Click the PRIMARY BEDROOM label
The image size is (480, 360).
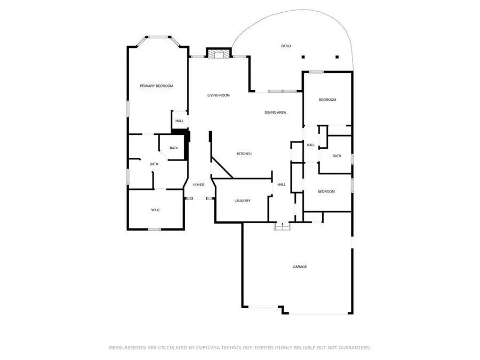click(156, 86)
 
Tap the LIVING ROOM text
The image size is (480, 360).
click(218, 95)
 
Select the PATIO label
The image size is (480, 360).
click(286, 46)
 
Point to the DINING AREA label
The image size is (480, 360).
click(275, 113)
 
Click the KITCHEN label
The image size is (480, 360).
click(244, 154)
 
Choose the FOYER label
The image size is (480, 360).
click(198, 185)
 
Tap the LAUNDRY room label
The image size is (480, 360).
click(242, 201)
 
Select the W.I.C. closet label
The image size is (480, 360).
click(155, 210)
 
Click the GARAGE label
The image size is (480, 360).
click(299, 267)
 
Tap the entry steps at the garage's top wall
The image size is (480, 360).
click(282, 226)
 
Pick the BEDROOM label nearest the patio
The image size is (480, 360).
click(327, 100)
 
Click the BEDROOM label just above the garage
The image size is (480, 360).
click(326, 191)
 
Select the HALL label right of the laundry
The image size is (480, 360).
click(281, 185)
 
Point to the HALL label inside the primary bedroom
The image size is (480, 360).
click(179, 121)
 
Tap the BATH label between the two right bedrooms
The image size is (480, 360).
click(337, 156)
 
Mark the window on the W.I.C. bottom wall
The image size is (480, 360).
click(155, 229)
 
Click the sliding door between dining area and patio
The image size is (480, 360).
click(283, 92)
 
